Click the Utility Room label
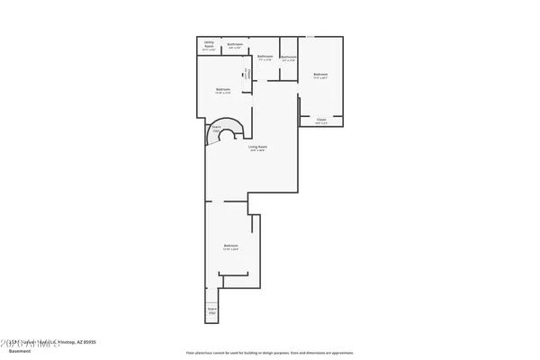tap(208, 43)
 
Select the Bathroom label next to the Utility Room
tap(235, 43)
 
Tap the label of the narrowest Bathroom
tap(288, 57)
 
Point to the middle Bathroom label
tap(265, 56)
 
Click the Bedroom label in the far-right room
tap(320, 74)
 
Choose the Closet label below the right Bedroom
tap(320, 119)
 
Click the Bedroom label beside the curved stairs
tap(222, 89)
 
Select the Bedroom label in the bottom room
tap(230, 246)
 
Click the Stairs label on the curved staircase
tap(216, 128)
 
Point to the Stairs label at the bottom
tap(212, 309)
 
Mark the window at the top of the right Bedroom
tap(309, 36)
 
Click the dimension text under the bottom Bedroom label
tap(230, 250)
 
